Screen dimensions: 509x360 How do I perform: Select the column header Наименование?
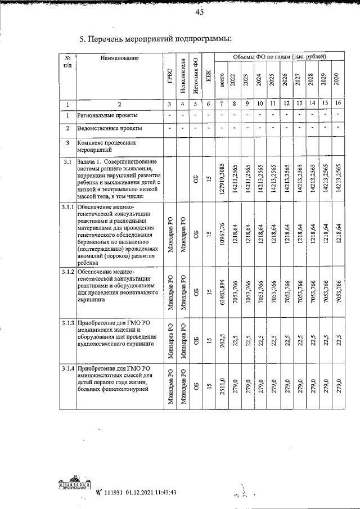(119, 58)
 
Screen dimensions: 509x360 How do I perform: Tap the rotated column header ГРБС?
(169, 78)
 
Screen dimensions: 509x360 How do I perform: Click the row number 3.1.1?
(67, 208)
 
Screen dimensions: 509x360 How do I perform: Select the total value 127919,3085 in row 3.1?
(222, 179)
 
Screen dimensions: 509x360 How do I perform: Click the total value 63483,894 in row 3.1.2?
(222, 291)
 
